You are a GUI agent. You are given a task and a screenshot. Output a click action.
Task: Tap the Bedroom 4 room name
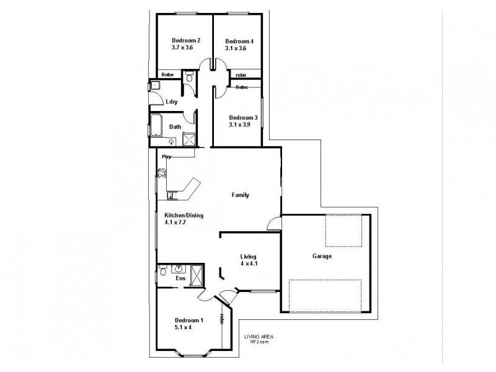pyautogui.click(x=239, y=40)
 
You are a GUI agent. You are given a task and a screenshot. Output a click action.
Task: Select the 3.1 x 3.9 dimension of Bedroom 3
pyautogui.click(x=242, y=125)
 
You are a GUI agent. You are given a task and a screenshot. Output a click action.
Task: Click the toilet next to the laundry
pyautogui.click(x=188, y=77)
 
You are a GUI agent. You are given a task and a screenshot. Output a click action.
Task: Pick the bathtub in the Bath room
pyautogui.click(x=156, y=127)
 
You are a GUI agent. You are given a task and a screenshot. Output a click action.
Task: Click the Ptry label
pyautogui.click(x=166, y=156)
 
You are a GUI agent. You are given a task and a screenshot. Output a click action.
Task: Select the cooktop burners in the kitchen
pyautogui.click(x=162, y=175)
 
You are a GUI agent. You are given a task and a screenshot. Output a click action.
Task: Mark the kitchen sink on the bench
pyautogui.click(x=172, y=196)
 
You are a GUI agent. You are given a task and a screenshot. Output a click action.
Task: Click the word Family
pyautogui.click(x=240, y=195)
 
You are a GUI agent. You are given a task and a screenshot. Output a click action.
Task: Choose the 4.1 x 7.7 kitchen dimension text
pyautogui.click(x=175, y=222)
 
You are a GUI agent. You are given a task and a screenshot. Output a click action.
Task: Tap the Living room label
pyautogui.click(x=248, y=256)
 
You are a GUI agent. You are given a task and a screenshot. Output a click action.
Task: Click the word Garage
pyautogui.click(x=322, y=255)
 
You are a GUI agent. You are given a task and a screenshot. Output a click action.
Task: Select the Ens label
pyautogui.click(x=180, y=279)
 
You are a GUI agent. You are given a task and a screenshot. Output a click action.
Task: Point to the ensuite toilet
pyautogui.click(x=163, y=270)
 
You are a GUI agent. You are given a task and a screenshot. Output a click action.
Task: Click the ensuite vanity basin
pyautogui.click(x=180, y=268)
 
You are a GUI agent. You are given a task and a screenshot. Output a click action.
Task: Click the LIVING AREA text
pyautogui.click(x=259, y=337)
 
